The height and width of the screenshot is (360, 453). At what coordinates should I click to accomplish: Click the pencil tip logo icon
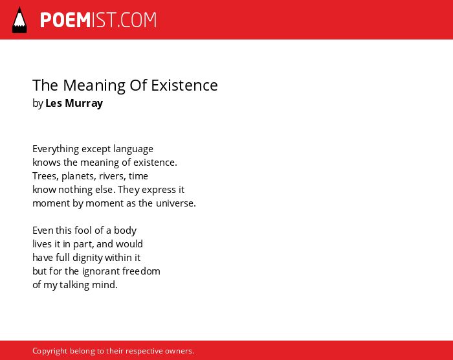[19, 20]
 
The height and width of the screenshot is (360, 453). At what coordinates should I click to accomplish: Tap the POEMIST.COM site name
[98, 20]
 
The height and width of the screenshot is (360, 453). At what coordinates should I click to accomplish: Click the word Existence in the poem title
[184, 85]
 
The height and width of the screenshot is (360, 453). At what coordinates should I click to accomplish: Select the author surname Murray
[83, 103]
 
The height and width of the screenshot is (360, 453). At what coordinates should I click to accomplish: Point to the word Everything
[56, 149]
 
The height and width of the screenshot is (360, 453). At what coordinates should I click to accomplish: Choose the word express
[159, 190]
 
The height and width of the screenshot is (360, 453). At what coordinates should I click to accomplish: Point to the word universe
[175, 203]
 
